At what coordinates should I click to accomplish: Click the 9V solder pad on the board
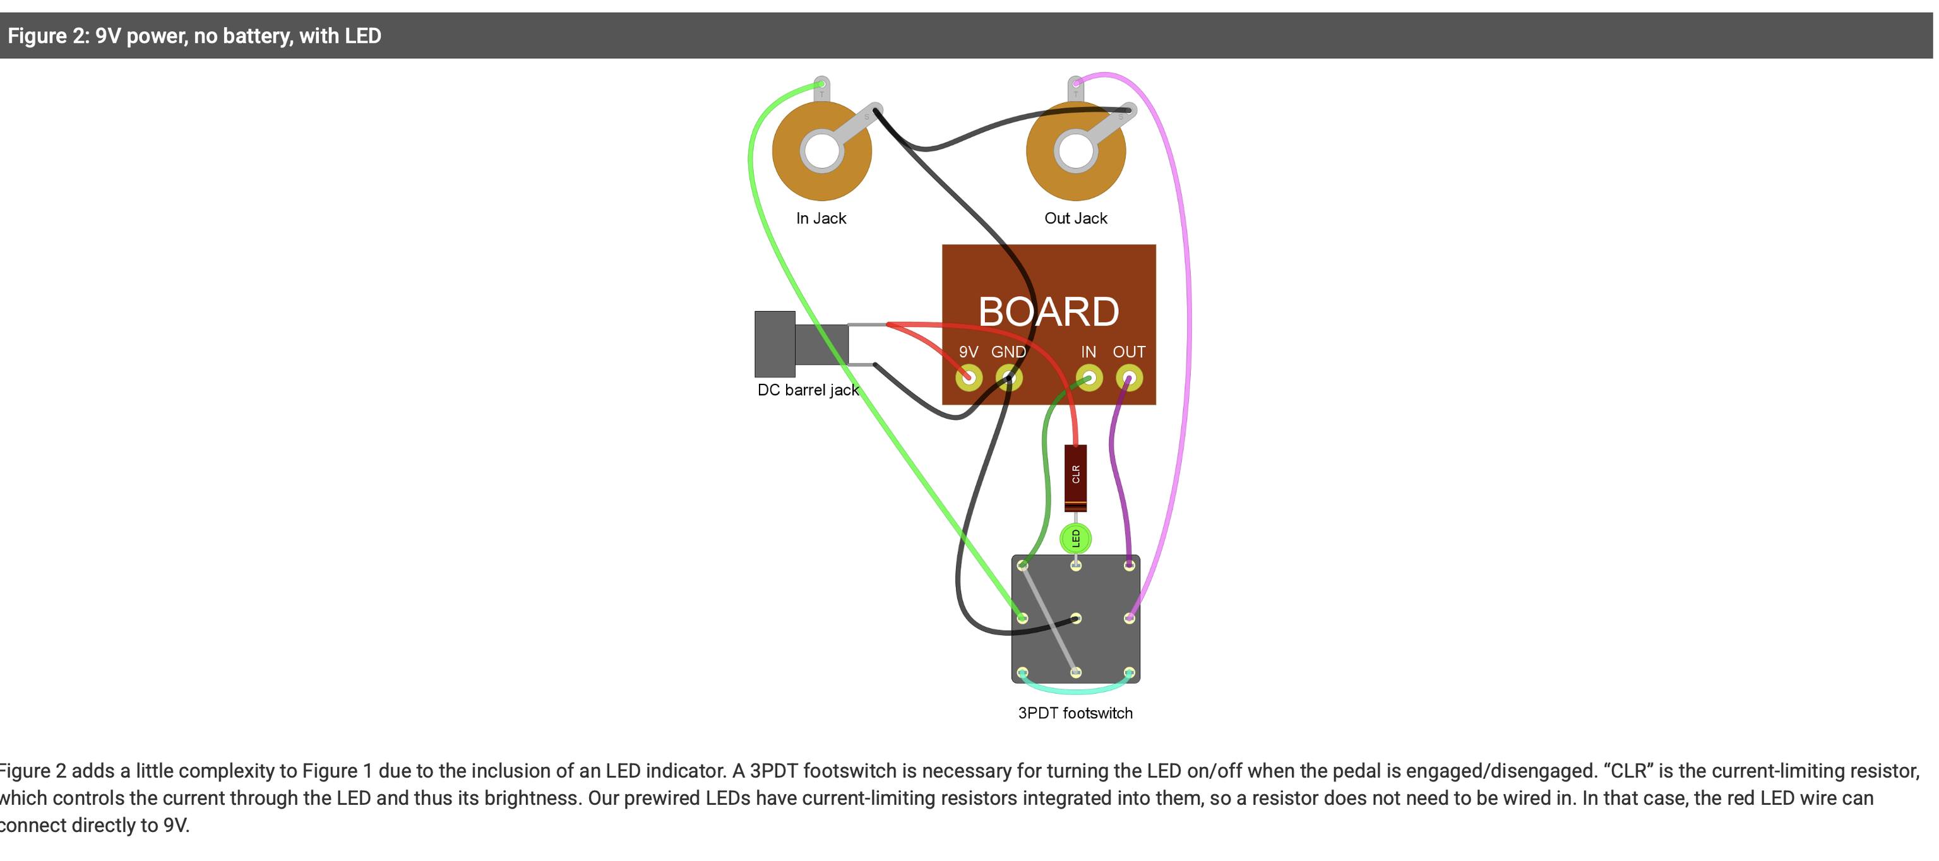[x=968, y=378]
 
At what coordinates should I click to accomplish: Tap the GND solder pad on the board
[x=1008, y=378]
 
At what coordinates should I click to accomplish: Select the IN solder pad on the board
[x=1089, y=378]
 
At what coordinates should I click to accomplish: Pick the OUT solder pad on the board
[x=1129, y=378]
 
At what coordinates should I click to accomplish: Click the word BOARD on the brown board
[x=1049, y=312]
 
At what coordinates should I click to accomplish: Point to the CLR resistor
[x=1076, y=478]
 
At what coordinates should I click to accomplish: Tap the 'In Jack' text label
[x=821, y=218]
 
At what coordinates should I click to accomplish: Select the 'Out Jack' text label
[x=1076, y=218]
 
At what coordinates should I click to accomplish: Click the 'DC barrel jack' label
[x=808, y=390]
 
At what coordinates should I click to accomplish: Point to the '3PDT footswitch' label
[x=1075, y=713]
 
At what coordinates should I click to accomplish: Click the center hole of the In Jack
[x=821, y=150]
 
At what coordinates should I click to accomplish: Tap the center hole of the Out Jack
[x=1076, y=150]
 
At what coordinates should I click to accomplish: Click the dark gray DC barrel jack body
[x=801, y=344]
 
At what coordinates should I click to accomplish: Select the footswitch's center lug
[x=1076, y=619]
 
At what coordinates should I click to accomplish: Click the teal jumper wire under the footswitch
[x=1076, y=688]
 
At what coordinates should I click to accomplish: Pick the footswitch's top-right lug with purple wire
[x=1129, y=564]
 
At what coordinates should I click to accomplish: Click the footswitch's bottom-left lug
[x=1022, y=672]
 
